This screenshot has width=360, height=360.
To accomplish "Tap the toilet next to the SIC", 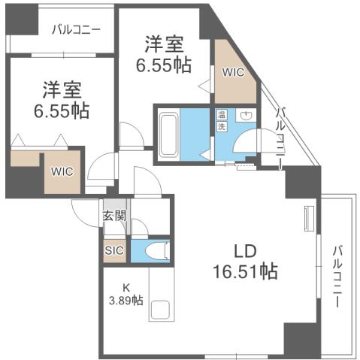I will [156, 250].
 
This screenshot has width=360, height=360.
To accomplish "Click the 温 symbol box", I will [222, 116].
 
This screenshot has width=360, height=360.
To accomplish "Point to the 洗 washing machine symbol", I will [222, 127].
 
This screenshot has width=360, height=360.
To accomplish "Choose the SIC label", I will [115, 250].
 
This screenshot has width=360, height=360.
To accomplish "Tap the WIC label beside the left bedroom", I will [62, 171].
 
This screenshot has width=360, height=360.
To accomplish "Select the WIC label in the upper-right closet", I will [232, 73].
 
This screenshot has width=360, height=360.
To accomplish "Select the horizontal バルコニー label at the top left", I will [77, 31].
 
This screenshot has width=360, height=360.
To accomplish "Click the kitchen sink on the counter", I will [160, 310].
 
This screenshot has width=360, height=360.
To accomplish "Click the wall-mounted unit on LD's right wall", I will [307, 219].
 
